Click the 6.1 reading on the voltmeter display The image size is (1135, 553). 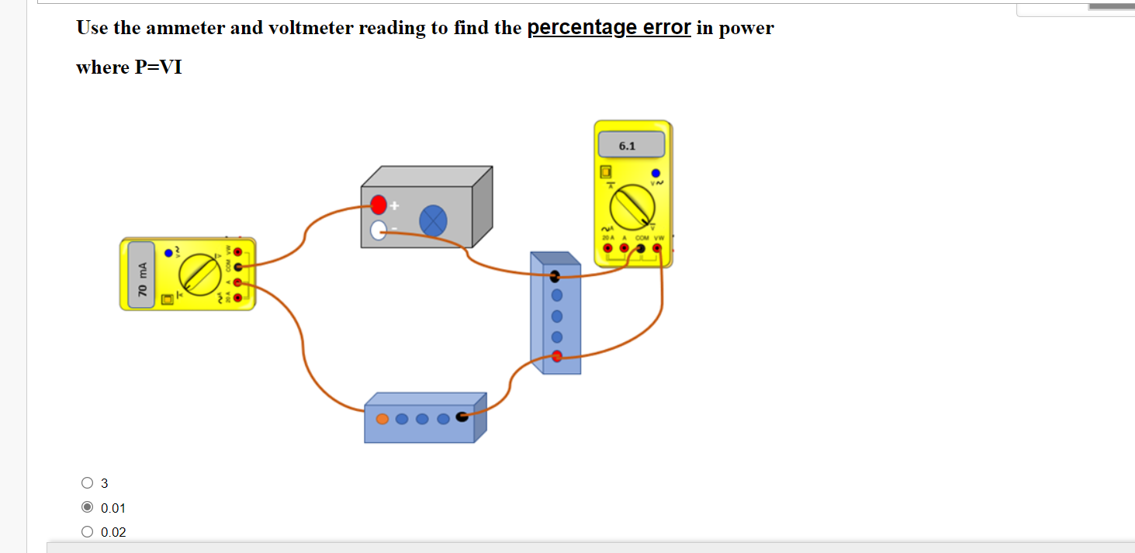pyautogui.click(x=627, y=146)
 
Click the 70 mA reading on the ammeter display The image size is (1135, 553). pyautogui.click(x=142, y=280)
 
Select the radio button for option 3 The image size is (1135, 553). pyautogui.click(x=86, y=483)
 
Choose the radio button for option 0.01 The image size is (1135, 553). pyautogui.click(x=86, y=508)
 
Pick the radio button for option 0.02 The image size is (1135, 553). pyautogui.click(x=86, y=532)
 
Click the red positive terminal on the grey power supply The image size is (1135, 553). pyautogui.click(x=378, y=205)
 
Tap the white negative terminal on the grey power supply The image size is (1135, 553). pyautogui.click(x=378, y=230)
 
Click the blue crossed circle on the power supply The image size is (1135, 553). pyautogui.click(x=433, y=222)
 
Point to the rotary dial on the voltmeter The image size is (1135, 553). pyautogui.click(x=632, y=207)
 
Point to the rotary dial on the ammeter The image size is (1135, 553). pyautogui.click(x=199, y=273)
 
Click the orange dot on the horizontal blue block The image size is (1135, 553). pyautogui.click(x=382, y=419)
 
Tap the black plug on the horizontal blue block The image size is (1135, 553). pyautogui.click(x=462, y=417)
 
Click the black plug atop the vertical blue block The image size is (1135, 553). pyautogui.click(x=555, y=276)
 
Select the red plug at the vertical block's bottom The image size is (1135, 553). pyautogui.click(x=556, y=357)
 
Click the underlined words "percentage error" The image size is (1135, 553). pyautogui.click(x=609, y=28)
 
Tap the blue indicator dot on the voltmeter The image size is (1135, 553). pyautogui.click(x=656, y=173)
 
